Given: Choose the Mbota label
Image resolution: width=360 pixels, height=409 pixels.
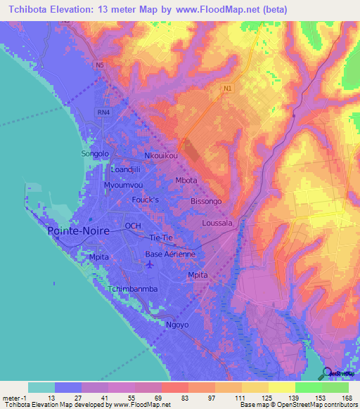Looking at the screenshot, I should (x=186, y=180).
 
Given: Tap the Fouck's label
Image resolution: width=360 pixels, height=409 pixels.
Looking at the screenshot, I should (x=147, y=200).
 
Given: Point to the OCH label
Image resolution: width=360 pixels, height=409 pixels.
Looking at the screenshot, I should (x=133, y=226).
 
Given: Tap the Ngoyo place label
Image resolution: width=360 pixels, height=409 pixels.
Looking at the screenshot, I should (x=176, y=325).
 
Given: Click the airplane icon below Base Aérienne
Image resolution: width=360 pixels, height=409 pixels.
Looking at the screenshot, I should (x=149, y=264).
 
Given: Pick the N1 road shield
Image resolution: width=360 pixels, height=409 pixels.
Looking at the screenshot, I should (x=226, y=89).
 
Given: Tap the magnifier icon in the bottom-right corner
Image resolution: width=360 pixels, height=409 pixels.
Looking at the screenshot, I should (x=328, y=373).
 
